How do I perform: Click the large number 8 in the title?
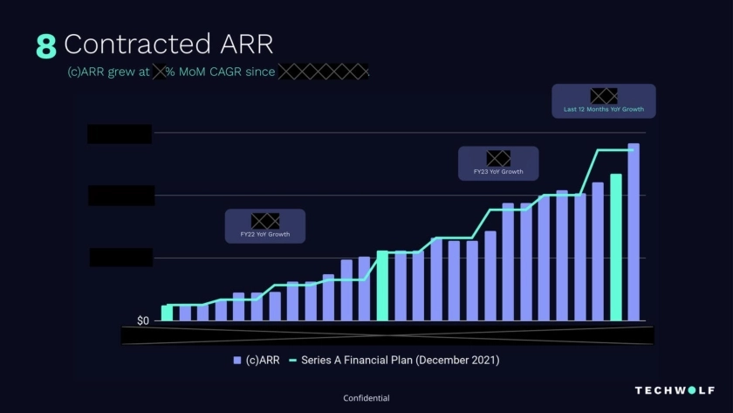[x=45, y=46]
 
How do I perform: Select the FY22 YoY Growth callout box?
[x=265, y=226]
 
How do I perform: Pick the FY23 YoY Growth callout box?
[x=498, y=163]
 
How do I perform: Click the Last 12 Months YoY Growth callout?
[x=604, y=101]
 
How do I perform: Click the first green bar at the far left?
[x=167, y=313]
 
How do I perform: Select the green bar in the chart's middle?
[x=382, y=286]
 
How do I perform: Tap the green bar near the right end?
[x=616, y=247]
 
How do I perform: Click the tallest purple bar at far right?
[x=634, y=232]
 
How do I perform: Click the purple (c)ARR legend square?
[x=237, y=360]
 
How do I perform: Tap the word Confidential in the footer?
[x=366, y=398]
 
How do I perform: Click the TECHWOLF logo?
[x=675, y=390]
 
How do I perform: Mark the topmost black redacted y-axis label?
[x=120, y=134]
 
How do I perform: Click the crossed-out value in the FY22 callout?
[x=265, y=220]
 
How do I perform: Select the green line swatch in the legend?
[x=292, y=360]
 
